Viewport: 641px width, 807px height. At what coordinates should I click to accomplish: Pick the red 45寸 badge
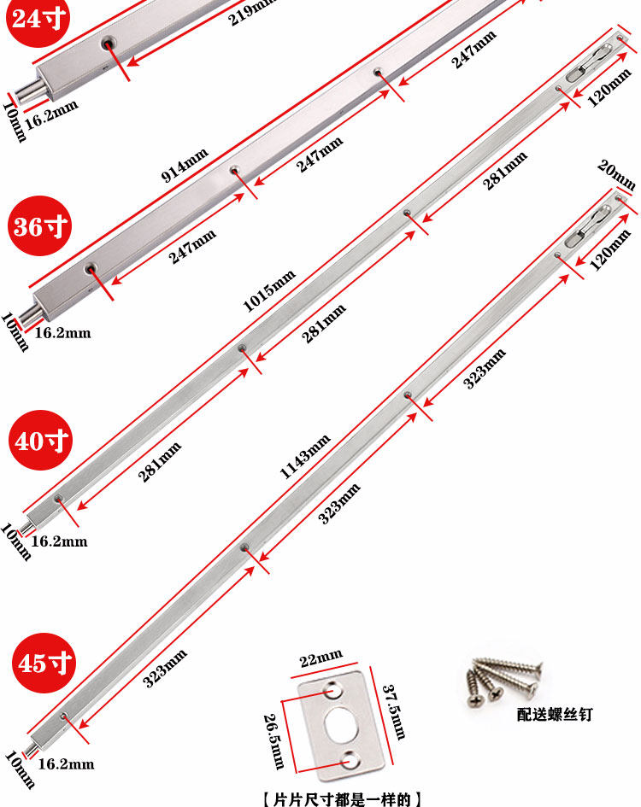pos(42,662)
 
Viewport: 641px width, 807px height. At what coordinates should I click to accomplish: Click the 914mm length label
pos(185,166)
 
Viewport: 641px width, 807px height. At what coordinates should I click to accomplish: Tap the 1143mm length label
pos(305,456)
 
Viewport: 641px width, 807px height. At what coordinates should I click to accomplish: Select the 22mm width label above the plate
pos(321,659)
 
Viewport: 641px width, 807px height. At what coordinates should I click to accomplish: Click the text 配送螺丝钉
pos(554,714)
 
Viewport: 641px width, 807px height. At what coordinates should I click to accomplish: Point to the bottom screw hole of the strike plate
pos(349,758)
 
